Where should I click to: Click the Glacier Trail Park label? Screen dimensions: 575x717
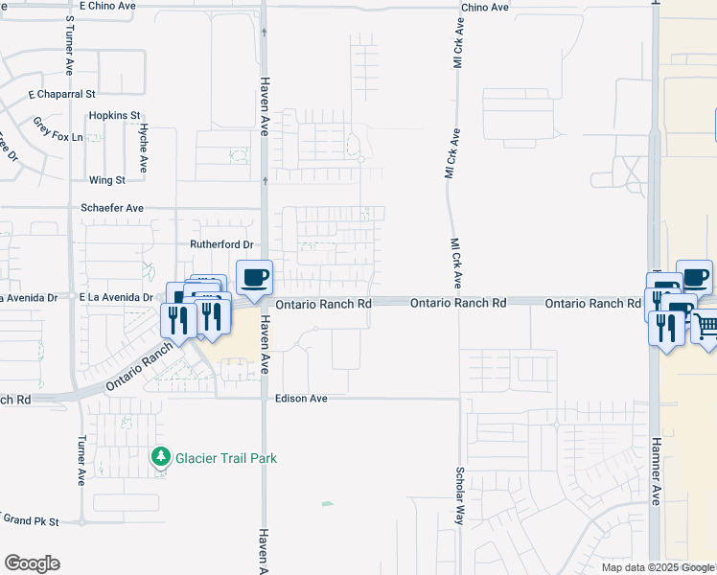point(226,458)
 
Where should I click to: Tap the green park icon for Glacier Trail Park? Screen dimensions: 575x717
point(162,458)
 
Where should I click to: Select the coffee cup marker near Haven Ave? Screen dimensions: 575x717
point(254,279)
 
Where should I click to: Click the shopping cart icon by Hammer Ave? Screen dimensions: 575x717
point(706,328)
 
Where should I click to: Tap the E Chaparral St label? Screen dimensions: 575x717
point(62,95)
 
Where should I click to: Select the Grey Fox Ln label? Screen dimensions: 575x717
point(58,137)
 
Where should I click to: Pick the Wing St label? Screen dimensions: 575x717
point(106,180)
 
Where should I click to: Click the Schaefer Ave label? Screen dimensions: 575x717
point(112,208)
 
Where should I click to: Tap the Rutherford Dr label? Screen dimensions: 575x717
point(220,243)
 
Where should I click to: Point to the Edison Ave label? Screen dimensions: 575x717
point(302,399)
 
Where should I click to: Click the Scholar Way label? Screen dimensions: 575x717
point(460,495)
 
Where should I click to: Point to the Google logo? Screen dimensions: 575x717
point(32,563)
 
